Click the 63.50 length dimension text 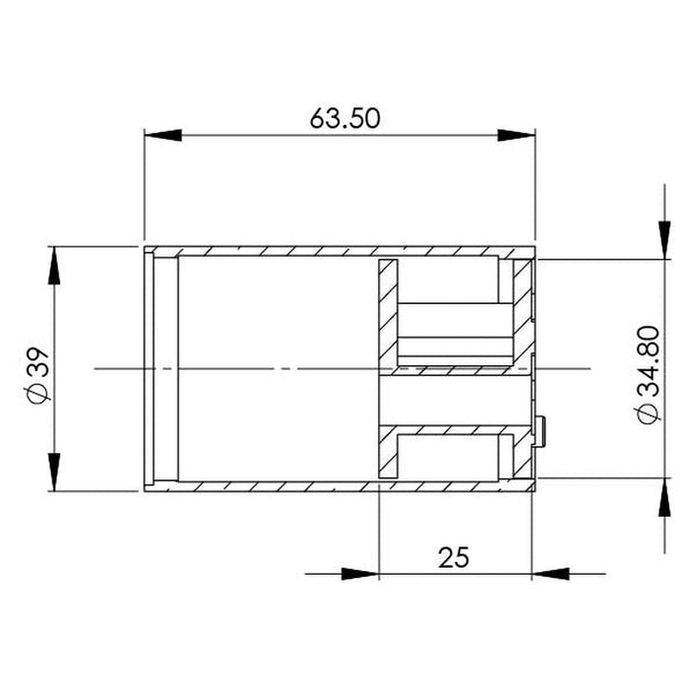pyautogui.click(x=344, y=118)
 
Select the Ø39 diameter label pyautogui.click(x=38, y=376)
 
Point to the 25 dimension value pyautogui.click(x=454, y=557)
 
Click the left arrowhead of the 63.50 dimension pyautogui.click(x=162, y=136)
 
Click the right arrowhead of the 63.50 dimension pyautogui.click(x=517, y=136)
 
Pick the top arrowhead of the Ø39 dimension pyautogui.click(x=54, y=266)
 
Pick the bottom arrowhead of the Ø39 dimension pyautogui.click(x=54, y=471)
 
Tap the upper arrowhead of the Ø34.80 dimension pyautogui.click(x=664, y=240)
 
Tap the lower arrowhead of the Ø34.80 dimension pyautogui.click(x=664, y=496)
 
